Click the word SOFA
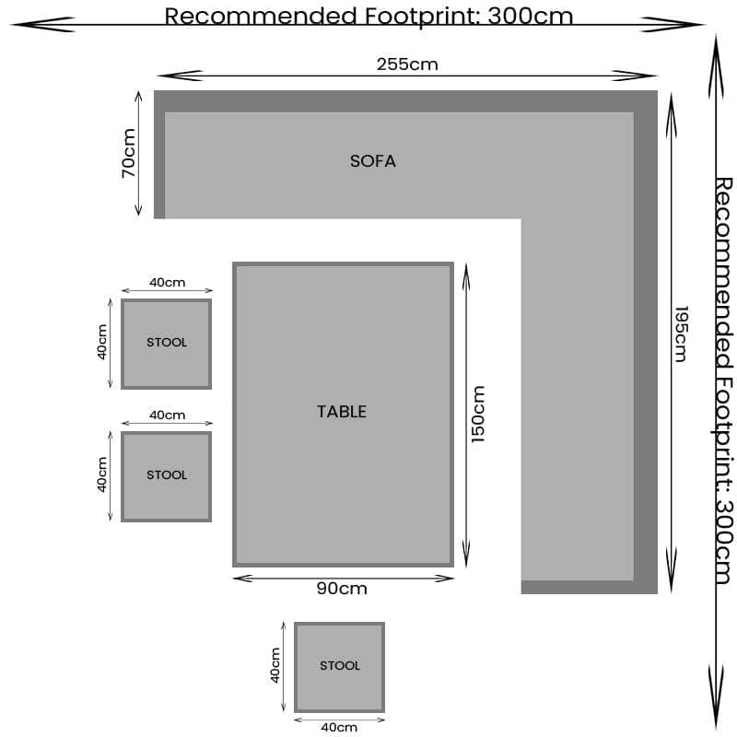pyautogui.click(x=372, y=161)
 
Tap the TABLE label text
pyautogui.click(x=342, y=412)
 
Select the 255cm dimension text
pyautogui.click(x=407, y=64)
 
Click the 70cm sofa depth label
pyautogui.click(x=128, y=153)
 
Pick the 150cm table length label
pyautogui.click(x=478, y=414)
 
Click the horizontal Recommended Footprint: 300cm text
pyautogui.click(x=368, y=16)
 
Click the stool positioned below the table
pyautogui.click(x=339, y=666)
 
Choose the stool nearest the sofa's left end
pyautogui.click(x=166, y=343)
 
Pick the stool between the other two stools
pyautogui.click(x=166, y=475)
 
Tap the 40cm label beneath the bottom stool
pyautogui.click(x=339, y=727)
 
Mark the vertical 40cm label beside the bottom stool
pyautogui.click(x=275, y=665)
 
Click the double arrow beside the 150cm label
pyautogui.click(x=465, y=414)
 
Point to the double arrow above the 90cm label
pyautogui.click(x=343, y=578)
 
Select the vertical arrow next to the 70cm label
pyautogui.click(x=139, y=153)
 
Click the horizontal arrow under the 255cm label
pyautogui.click(x=406, y=76)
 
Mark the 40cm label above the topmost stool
pyautogui.click(x=167, y=282)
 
